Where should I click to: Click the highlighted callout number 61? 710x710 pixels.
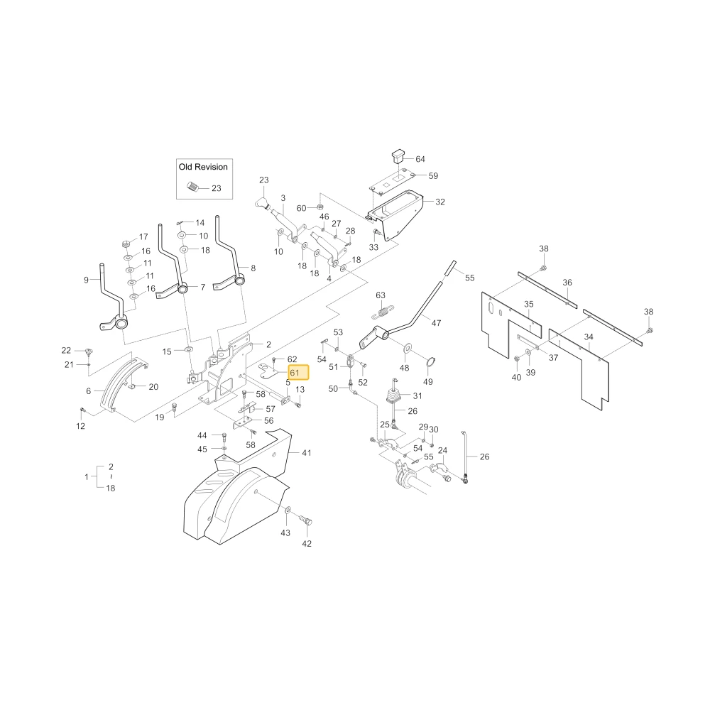[295, 373]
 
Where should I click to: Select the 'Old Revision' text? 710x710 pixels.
[203, 167]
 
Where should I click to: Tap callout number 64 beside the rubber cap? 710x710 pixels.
[420, 159]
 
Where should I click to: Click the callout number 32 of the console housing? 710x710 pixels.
[440, 202]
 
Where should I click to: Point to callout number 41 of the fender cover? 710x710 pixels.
[307, 453]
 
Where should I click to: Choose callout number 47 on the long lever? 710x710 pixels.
[436, 323]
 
